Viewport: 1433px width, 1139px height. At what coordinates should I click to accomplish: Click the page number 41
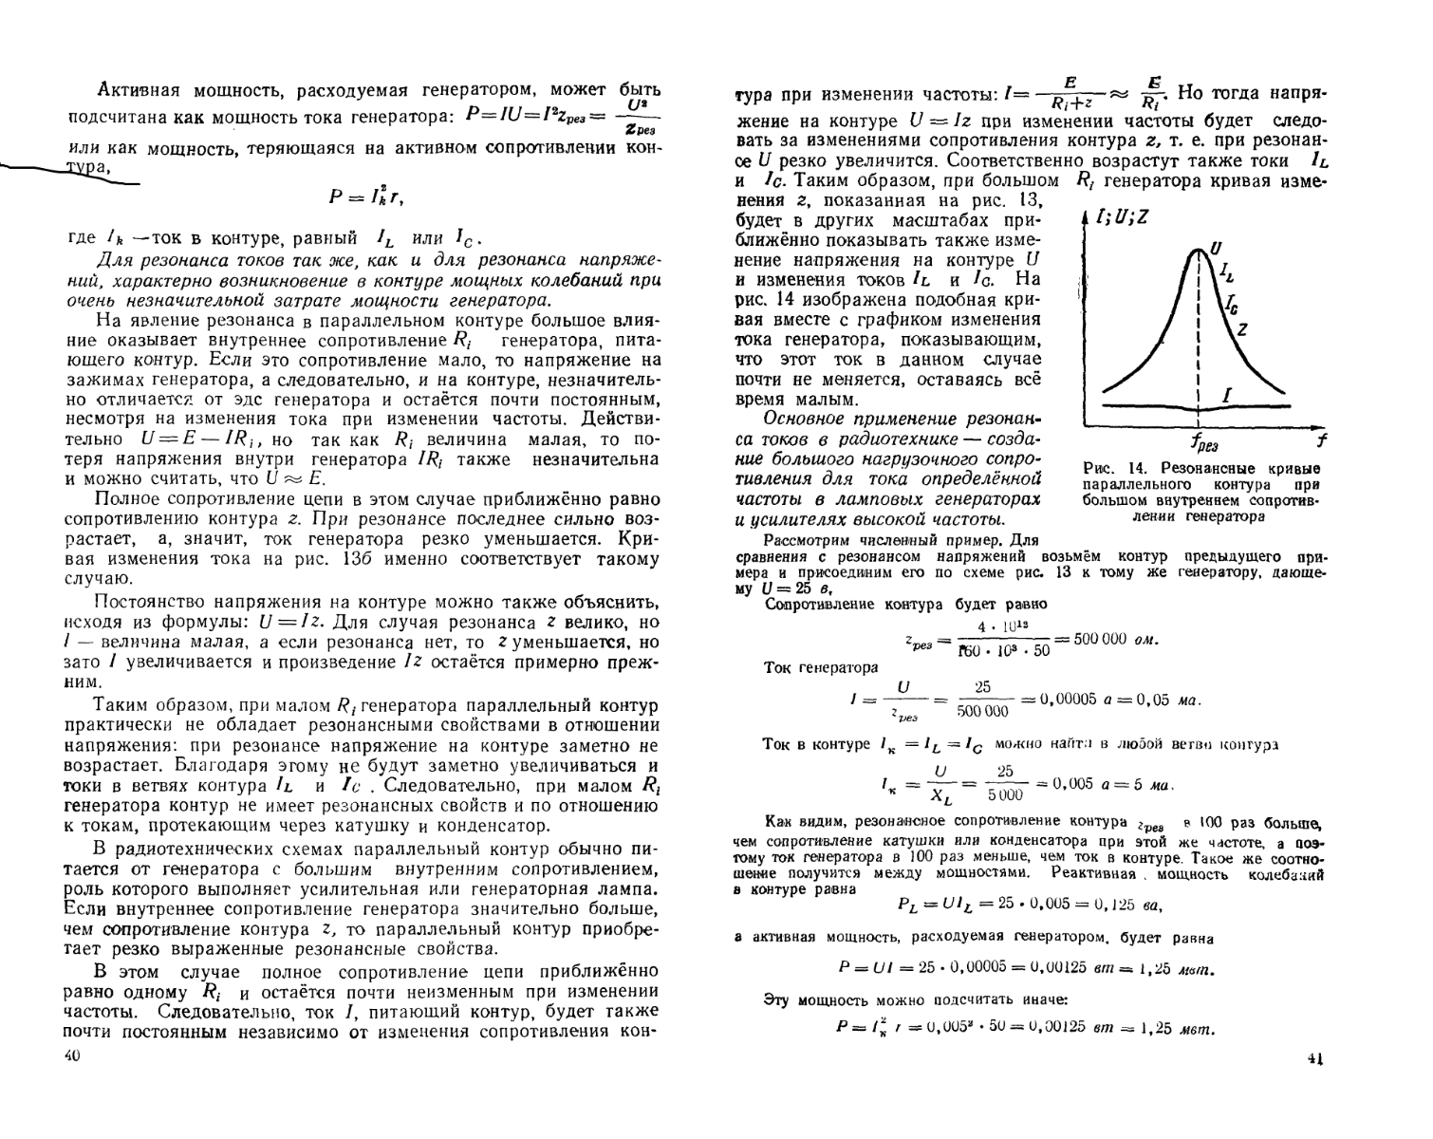(1313, 1057)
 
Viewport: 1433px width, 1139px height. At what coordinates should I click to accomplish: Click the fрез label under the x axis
(1204, 443)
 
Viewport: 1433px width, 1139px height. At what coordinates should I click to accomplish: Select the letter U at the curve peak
(1216, 250)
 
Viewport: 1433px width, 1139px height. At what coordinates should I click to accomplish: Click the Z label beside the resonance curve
(1241, 328)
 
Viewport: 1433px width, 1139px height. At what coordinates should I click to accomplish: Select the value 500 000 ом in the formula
(1115, 639)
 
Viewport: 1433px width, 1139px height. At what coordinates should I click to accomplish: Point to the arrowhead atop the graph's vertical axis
(1086, 218)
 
